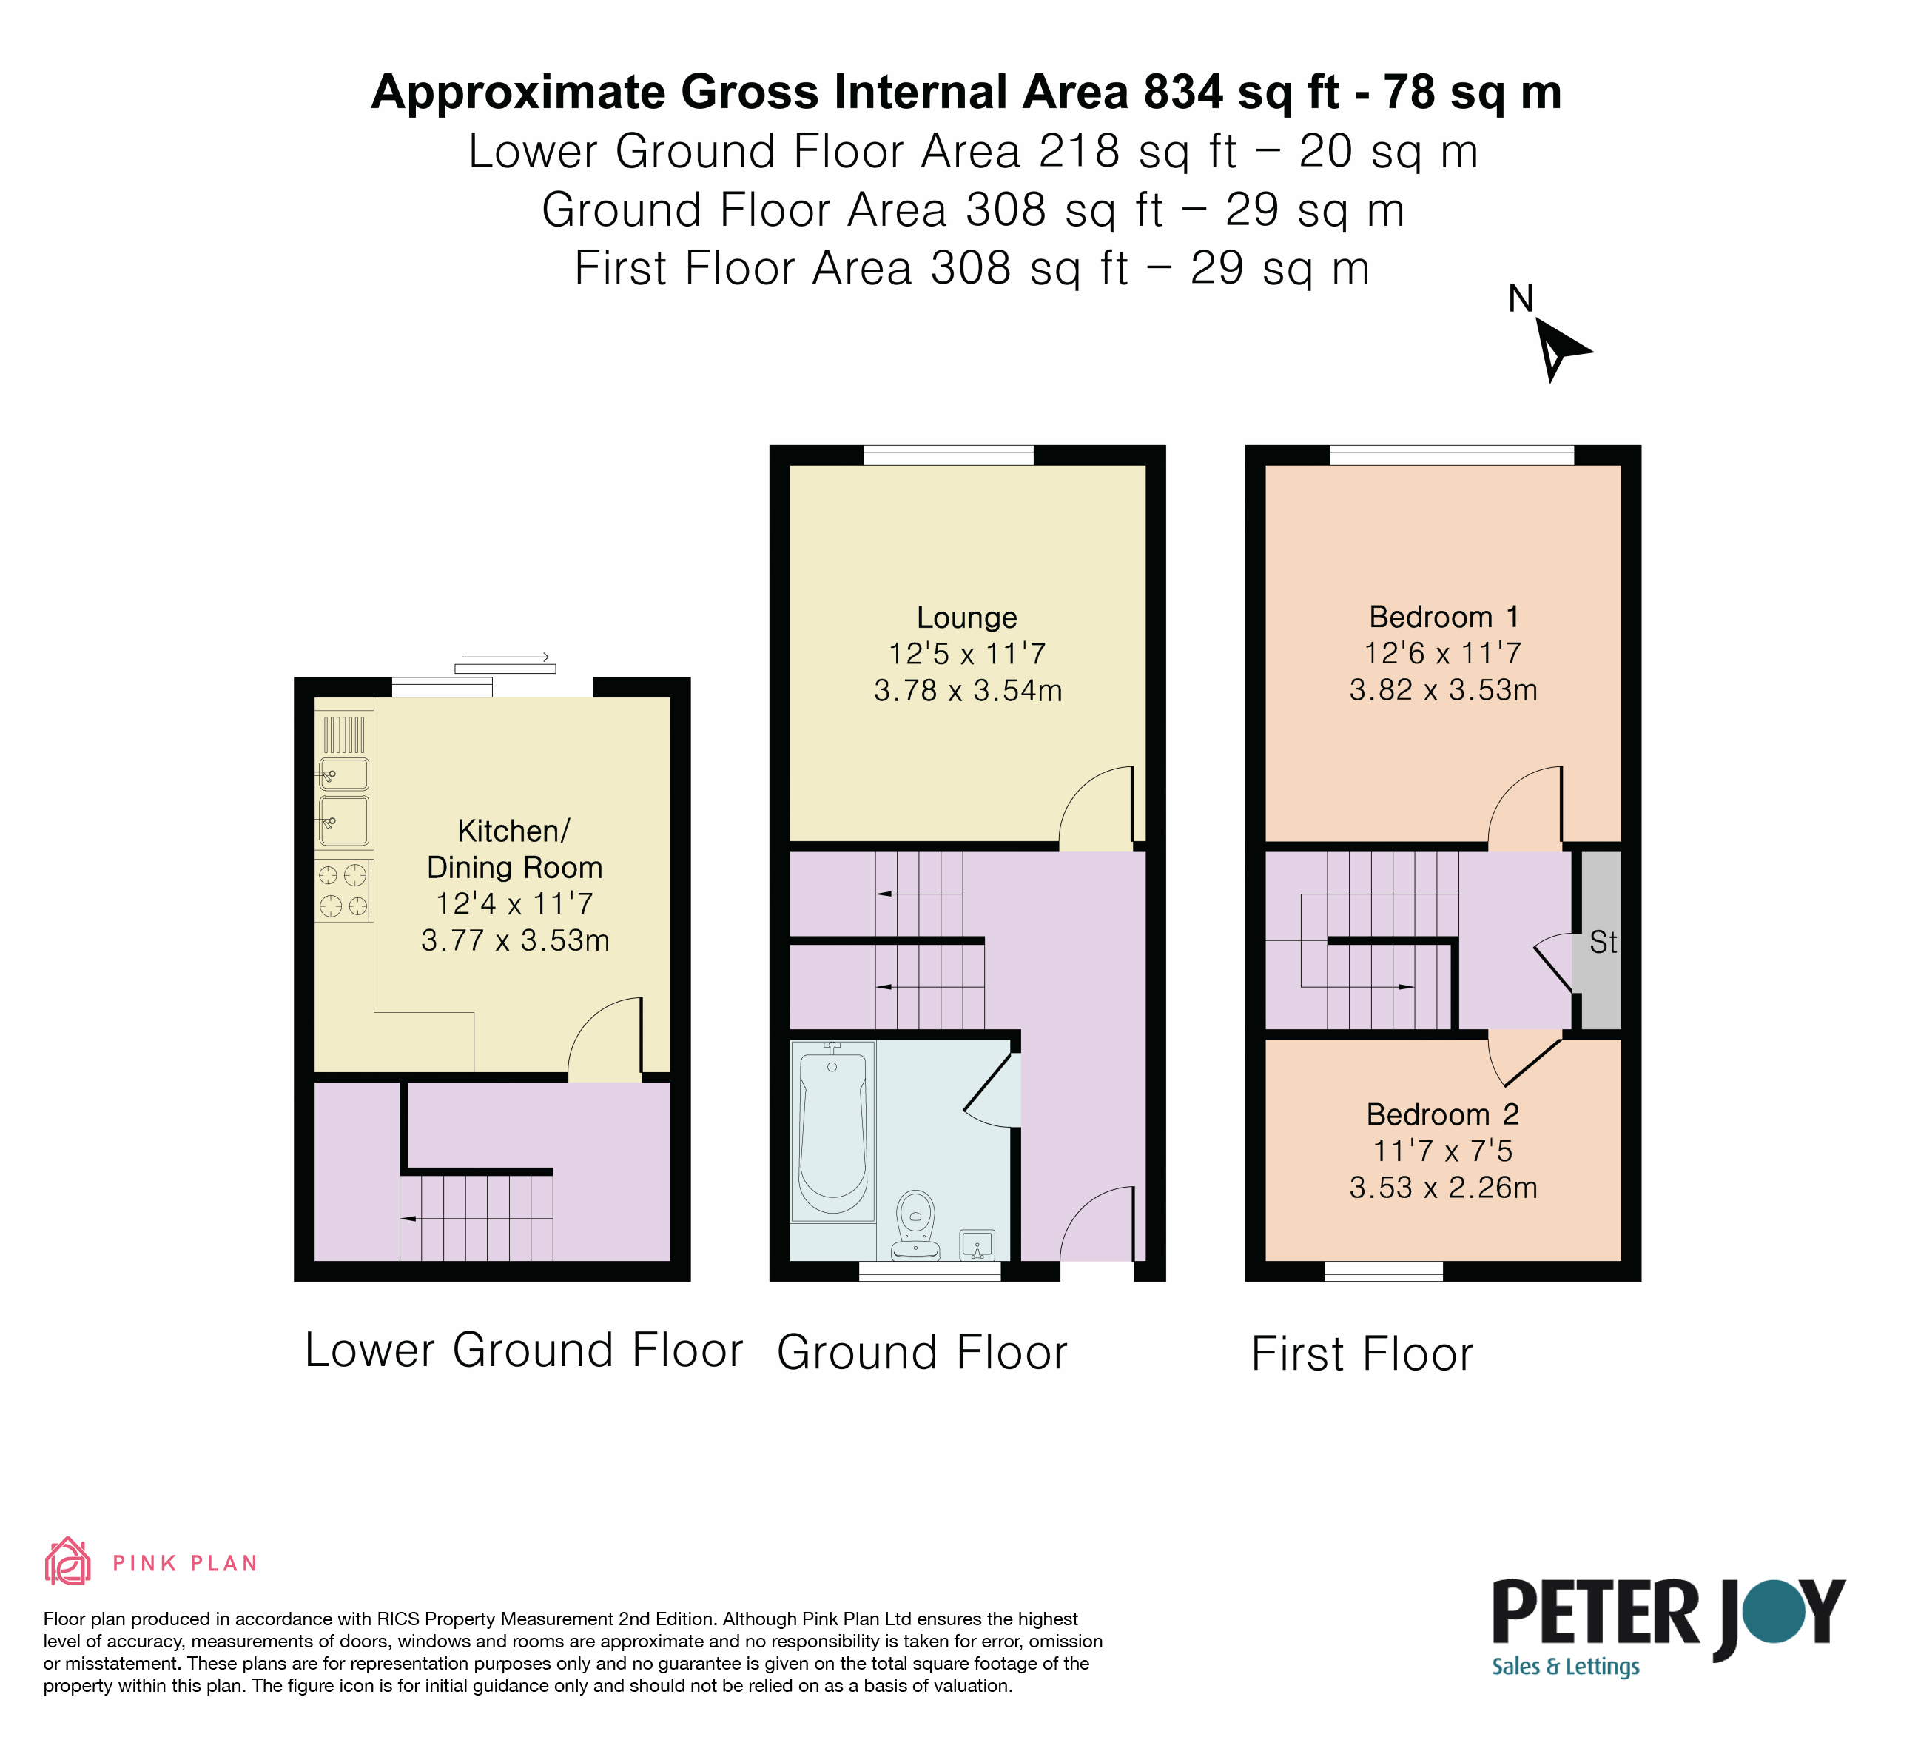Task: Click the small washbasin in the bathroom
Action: coord(977,1244)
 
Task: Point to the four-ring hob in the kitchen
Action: coord(343,890)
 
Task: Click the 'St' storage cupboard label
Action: coord(1603,943)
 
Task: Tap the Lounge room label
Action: coord(966,618)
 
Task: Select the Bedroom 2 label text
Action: coord(1442,1114)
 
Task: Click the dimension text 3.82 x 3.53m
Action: coord(1443,690)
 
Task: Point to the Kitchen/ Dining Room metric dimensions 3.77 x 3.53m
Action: coord(515,940)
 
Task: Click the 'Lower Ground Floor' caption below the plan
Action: coord(523,1350)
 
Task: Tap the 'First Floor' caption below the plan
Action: coord(1362,1353)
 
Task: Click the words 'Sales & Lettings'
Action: coord(1566,1666)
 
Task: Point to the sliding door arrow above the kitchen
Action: coord(506,657)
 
